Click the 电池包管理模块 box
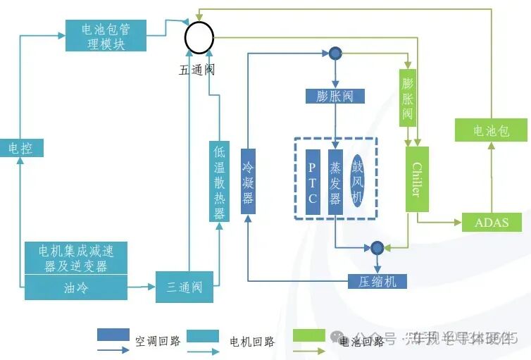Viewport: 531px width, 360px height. pyautogui.click(x=106, y=35)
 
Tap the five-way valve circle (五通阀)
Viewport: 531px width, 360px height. pyautogui.click(x=199, y=36)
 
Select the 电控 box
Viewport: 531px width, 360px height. pyautogui.click(x=21, y=148)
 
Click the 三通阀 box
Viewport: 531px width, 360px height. pyautogui.click(x=185, y=287)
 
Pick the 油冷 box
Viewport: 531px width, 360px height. pyautogui.click(x=76, y=287)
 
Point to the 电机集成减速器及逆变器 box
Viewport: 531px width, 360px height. pyautogui.click(x=76, y=258)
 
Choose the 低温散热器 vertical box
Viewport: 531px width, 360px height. pyautogui.click(x=219, y=182)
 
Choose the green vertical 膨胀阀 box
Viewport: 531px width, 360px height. pyautogui.click(x=408, y=98)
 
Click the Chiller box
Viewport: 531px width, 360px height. pyautogui.click(x=416, y=179)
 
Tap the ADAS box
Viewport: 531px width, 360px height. pyautogui.click(x=492, y=223)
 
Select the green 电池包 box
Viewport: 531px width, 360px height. pyautogui.click(x=490, y=131)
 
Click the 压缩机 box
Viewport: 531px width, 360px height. pyautogui.click(x=377, y=282)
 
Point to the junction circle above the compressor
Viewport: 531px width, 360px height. pyautogui.click(x=377, y=247)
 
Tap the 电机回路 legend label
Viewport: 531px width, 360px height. pyautogui.click(x=252, y=342)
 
